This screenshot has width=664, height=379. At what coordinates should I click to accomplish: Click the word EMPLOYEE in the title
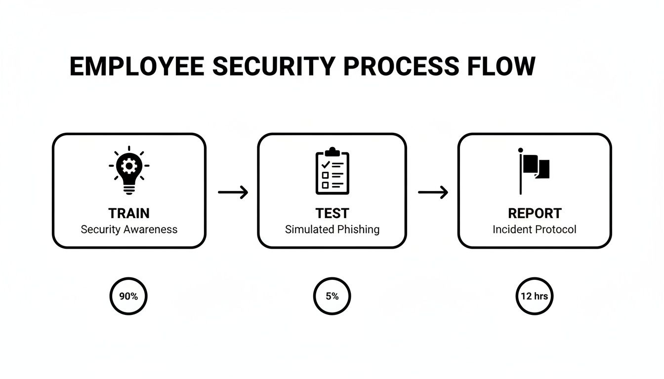pos(137,67)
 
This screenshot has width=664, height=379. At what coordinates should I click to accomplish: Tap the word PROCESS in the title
pos(401,67)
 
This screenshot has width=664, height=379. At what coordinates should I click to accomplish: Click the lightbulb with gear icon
pos(129,170)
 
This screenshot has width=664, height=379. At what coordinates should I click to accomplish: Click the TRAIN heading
pos(129,213)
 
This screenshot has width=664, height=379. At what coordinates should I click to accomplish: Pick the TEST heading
pos(332,213)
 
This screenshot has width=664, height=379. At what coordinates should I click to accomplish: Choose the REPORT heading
pos(535,213)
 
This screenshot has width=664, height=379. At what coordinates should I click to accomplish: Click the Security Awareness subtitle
pos(129,229)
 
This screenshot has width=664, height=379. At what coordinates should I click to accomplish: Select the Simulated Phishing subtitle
pos(332,229)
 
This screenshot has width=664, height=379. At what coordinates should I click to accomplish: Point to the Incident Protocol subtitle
pos(535,229)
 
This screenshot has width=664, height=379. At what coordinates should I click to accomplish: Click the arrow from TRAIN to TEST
pos(233,192)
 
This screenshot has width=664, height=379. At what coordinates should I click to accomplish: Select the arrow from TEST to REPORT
pos(433,192)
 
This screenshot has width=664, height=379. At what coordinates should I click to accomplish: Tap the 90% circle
pos(128,297)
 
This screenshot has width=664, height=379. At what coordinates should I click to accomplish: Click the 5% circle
pos(332,297)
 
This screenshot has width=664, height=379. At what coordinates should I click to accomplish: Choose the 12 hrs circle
pos(535,297)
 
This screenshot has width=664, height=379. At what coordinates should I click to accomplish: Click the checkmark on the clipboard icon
pos(326,165)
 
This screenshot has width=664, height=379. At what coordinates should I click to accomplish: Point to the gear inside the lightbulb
pos(129,166)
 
